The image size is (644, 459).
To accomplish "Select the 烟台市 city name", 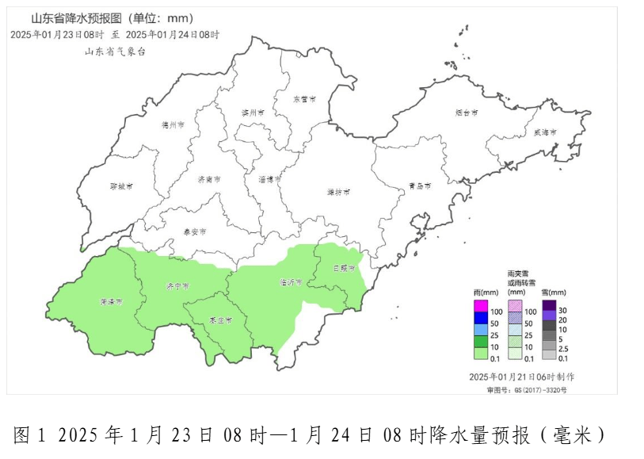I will click(x=467, y=113).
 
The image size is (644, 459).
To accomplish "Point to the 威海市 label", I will click(x=545, y=132).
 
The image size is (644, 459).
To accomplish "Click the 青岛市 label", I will click(x=420, y=186).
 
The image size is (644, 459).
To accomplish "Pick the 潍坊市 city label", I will click(x=338, y=192).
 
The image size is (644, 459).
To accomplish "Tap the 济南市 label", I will click(x=209, y=179).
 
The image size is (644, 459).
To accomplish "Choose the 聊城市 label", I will click(x=121, y=187).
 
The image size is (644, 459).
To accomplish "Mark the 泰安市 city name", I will click(x=194, y=231).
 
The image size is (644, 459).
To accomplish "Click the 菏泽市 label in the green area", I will click(x=112, y=302).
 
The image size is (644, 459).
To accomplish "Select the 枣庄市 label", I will click(x=221, y=320).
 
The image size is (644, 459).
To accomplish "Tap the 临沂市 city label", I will click(x=291, y=281).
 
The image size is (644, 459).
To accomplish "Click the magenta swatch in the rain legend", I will click(x=481, y=305).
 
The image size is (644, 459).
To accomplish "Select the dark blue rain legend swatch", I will click(x=481, y=318).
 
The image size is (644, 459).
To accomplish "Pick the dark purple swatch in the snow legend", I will click(x=548, y=305).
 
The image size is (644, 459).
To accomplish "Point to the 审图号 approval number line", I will click(x=526, y=389).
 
